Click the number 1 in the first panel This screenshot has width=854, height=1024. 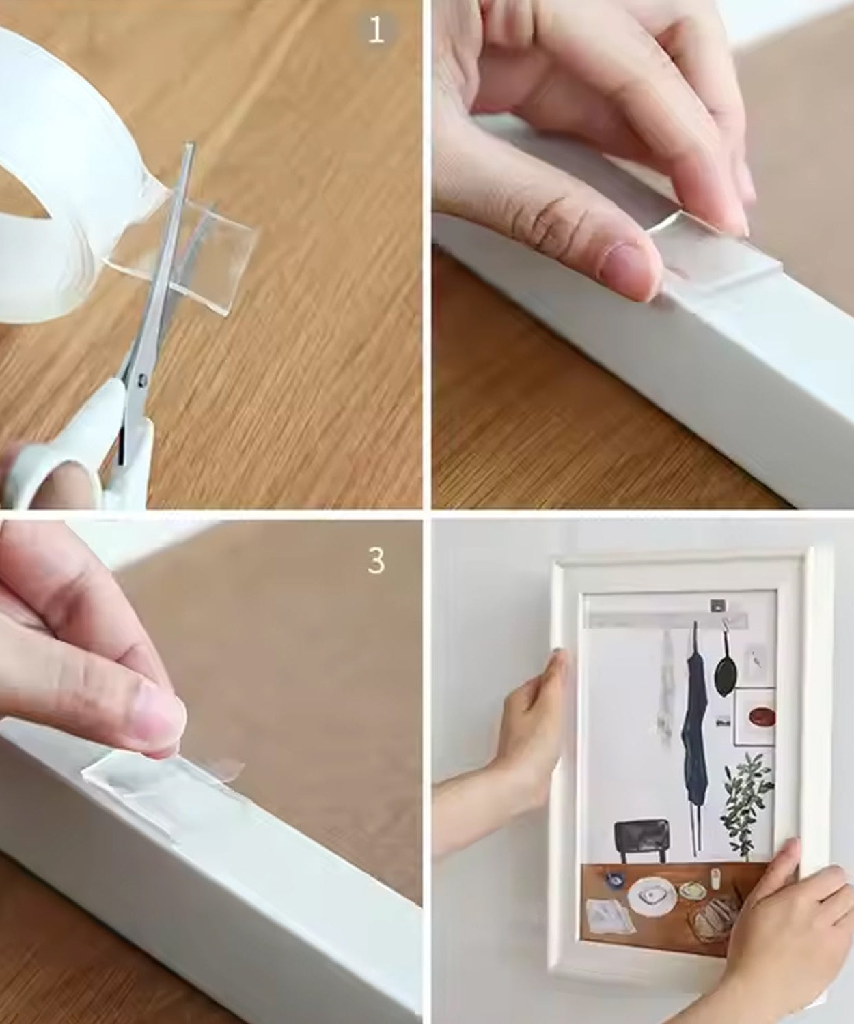[376, 31]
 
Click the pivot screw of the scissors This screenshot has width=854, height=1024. [141, 379]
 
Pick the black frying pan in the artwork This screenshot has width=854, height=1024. [725, 662]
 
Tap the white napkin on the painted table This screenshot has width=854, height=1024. [610, 912]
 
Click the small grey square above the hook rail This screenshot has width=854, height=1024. [717, 606]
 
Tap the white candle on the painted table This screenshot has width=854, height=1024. [715, 878]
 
